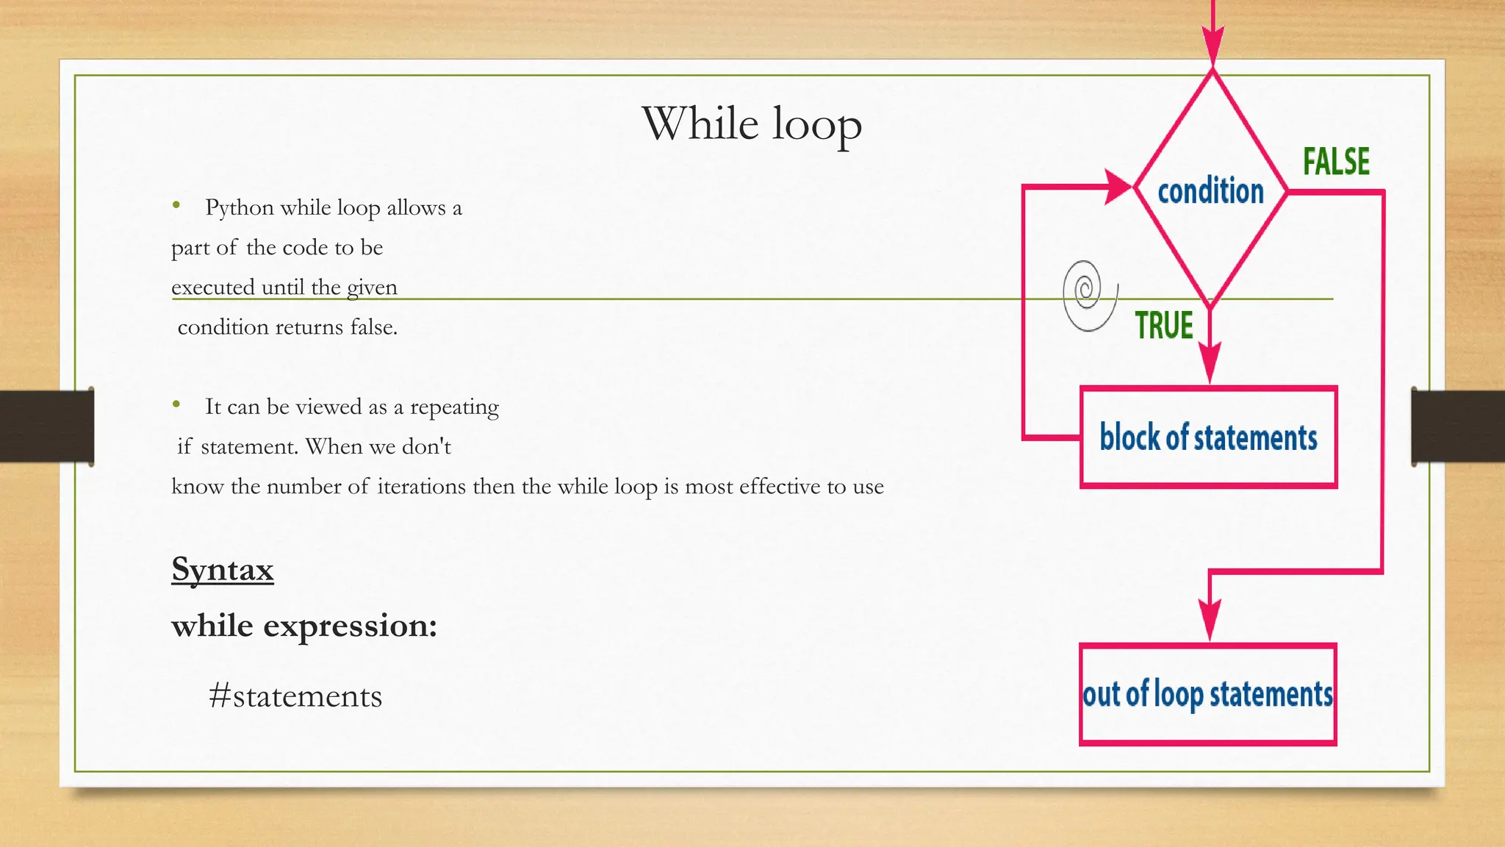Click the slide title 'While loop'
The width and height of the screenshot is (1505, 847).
752,124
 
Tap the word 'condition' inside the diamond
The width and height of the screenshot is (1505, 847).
1210,191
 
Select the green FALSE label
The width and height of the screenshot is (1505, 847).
1336,162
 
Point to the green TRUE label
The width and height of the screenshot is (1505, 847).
1163,325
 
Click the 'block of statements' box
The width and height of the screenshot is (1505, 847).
1208,437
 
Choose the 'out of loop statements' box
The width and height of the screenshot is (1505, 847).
1207,694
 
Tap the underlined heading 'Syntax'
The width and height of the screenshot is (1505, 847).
223,569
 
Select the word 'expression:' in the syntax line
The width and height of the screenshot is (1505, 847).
351,626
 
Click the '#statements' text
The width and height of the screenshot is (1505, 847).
295,696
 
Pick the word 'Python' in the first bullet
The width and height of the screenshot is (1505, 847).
239,208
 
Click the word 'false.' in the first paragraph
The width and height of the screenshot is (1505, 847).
373,327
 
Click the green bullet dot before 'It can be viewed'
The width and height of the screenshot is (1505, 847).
176,404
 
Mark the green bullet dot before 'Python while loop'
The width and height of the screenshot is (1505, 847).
176,205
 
